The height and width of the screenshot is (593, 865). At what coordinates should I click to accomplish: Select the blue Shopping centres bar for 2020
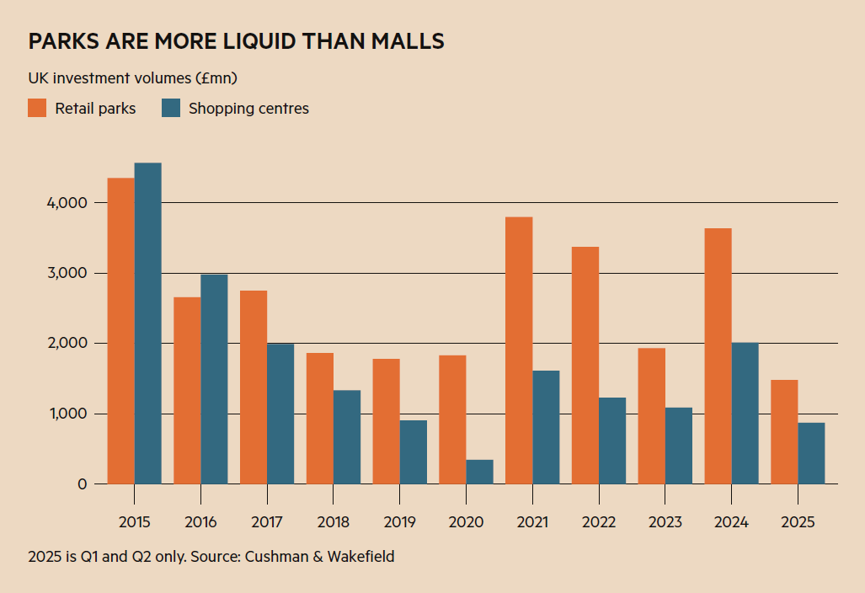tap(479, 472)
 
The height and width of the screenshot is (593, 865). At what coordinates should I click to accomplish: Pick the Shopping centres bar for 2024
tap(745, 414)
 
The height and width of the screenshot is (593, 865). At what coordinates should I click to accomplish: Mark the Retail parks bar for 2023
tap(651, 416)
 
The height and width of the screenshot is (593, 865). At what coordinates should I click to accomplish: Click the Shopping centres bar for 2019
tap(413, 452)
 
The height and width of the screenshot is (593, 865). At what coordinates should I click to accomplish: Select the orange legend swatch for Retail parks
tap(37, 108)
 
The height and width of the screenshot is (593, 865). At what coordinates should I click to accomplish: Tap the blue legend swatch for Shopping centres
tap(171, 108)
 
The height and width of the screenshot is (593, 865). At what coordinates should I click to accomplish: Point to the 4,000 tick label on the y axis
tap(63, 203)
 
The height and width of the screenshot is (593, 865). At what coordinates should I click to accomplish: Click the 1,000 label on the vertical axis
tap(64, 414)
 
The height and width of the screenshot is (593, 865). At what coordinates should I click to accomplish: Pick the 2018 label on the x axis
tap(334, 522)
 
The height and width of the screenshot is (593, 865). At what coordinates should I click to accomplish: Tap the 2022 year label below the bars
tap(599, 522)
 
